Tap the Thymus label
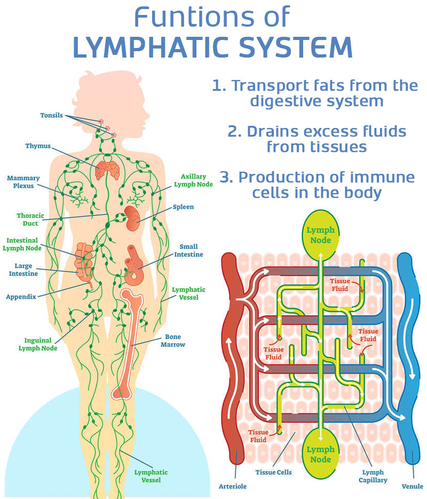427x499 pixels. pyautogui.click(x=37, y=146)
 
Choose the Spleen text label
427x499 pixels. pyautogui.click(x=183, y=207)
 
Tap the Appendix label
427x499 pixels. pyautogui.click(x=21, y=297)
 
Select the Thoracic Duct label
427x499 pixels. pyautogui.click(x=27, y=220)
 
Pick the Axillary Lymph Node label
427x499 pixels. pyautogui.click(x=193, y=180)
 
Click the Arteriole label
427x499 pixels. pyautogui.click(x=233, y=486)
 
